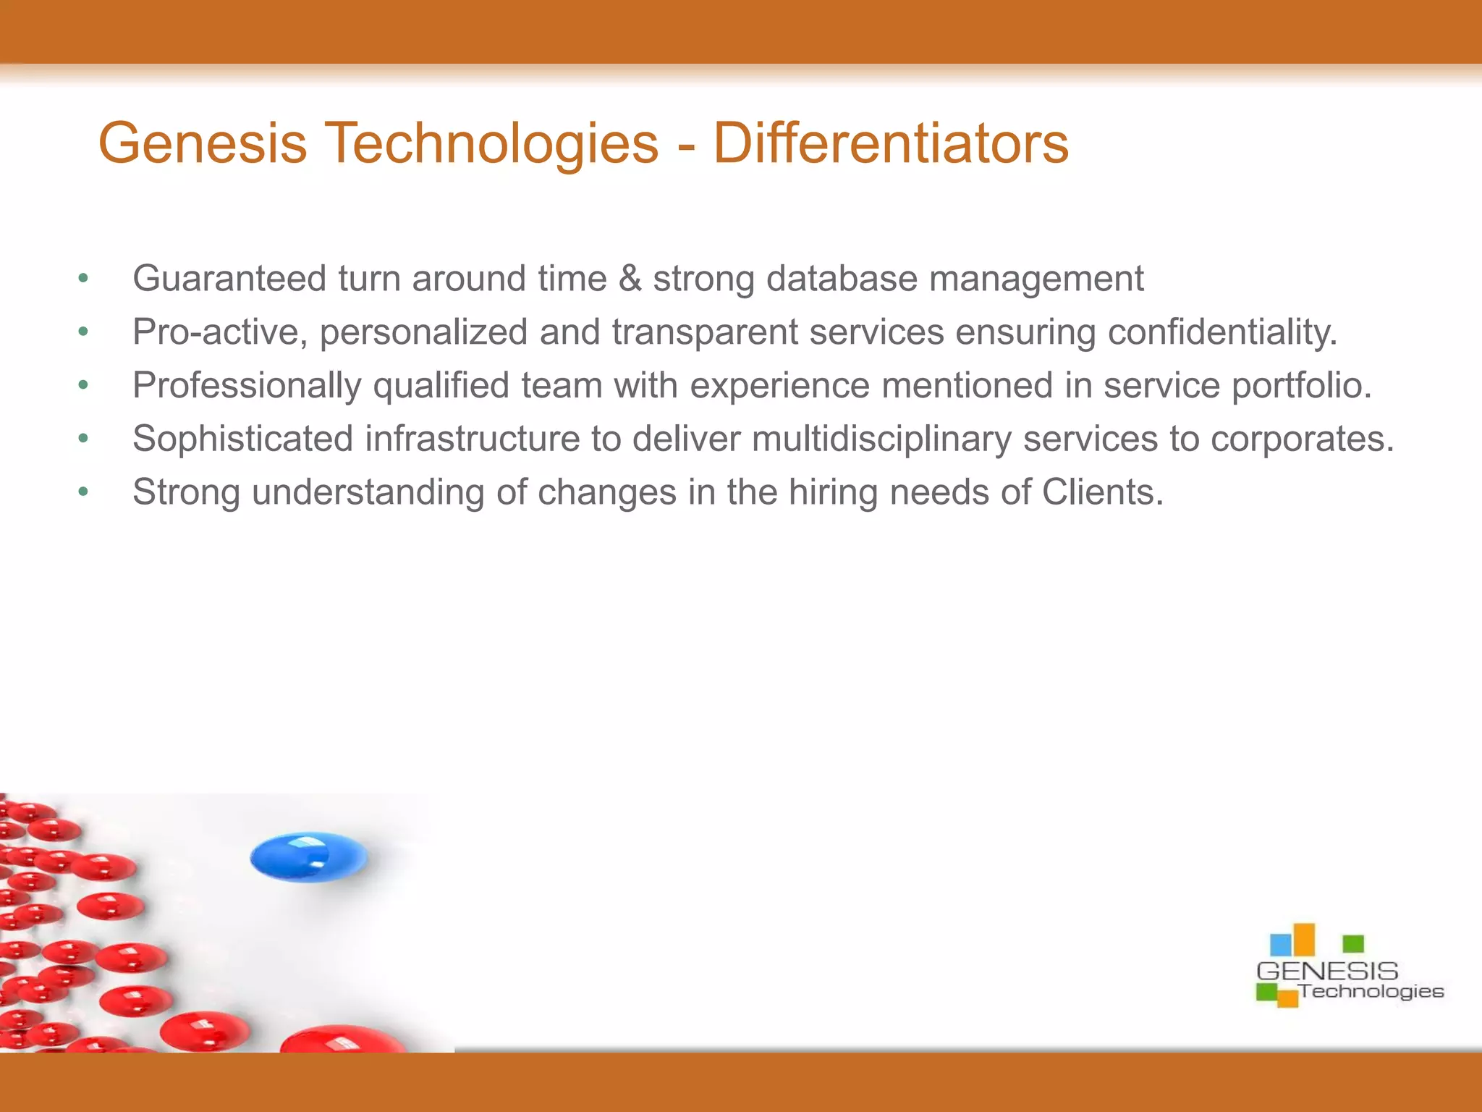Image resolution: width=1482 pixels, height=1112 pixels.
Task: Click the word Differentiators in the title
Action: tap(890, 143)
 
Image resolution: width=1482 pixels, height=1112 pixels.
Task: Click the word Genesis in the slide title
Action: tap(203, 143)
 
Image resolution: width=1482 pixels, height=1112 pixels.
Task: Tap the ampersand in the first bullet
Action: tap(630, 279)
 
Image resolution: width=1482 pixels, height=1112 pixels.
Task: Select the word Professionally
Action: tap(246, 385)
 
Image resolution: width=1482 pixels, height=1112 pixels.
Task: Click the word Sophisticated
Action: tap(242, 439)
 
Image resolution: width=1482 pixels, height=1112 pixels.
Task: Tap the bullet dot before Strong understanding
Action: tap(83, 492)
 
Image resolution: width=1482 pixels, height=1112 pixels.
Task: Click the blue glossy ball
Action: tap(308, 856)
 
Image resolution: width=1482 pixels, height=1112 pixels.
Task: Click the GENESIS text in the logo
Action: tap(1327, 971)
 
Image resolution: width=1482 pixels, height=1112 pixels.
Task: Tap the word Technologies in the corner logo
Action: tap(1371, 991)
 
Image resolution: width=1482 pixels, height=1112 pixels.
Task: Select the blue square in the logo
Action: tap(1280, 945)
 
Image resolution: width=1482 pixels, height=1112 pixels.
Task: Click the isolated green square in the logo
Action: tap(1352, 943)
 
